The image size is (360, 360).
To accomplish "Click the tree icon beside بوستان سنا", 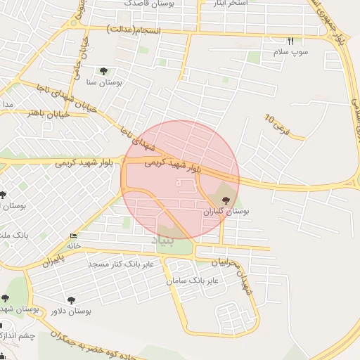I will click(104, 70).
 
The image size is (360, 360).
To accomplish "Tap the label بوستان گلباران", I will click(227, 211).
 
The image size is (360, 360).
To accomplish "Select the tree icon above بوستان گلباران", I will click(225, 200).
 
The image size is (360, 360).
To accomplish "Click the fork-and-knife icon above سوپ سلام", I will click(291, 41).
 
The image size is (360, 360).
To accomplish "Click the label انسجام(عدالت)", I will click(136, 30).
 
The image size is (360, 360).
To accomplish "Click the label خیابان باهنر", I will click(49, 112).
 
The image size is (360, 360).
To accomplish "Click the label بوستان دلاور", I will click(71, 310).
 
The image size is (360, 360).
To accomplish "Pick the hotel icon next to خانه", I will click(74, 236).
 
